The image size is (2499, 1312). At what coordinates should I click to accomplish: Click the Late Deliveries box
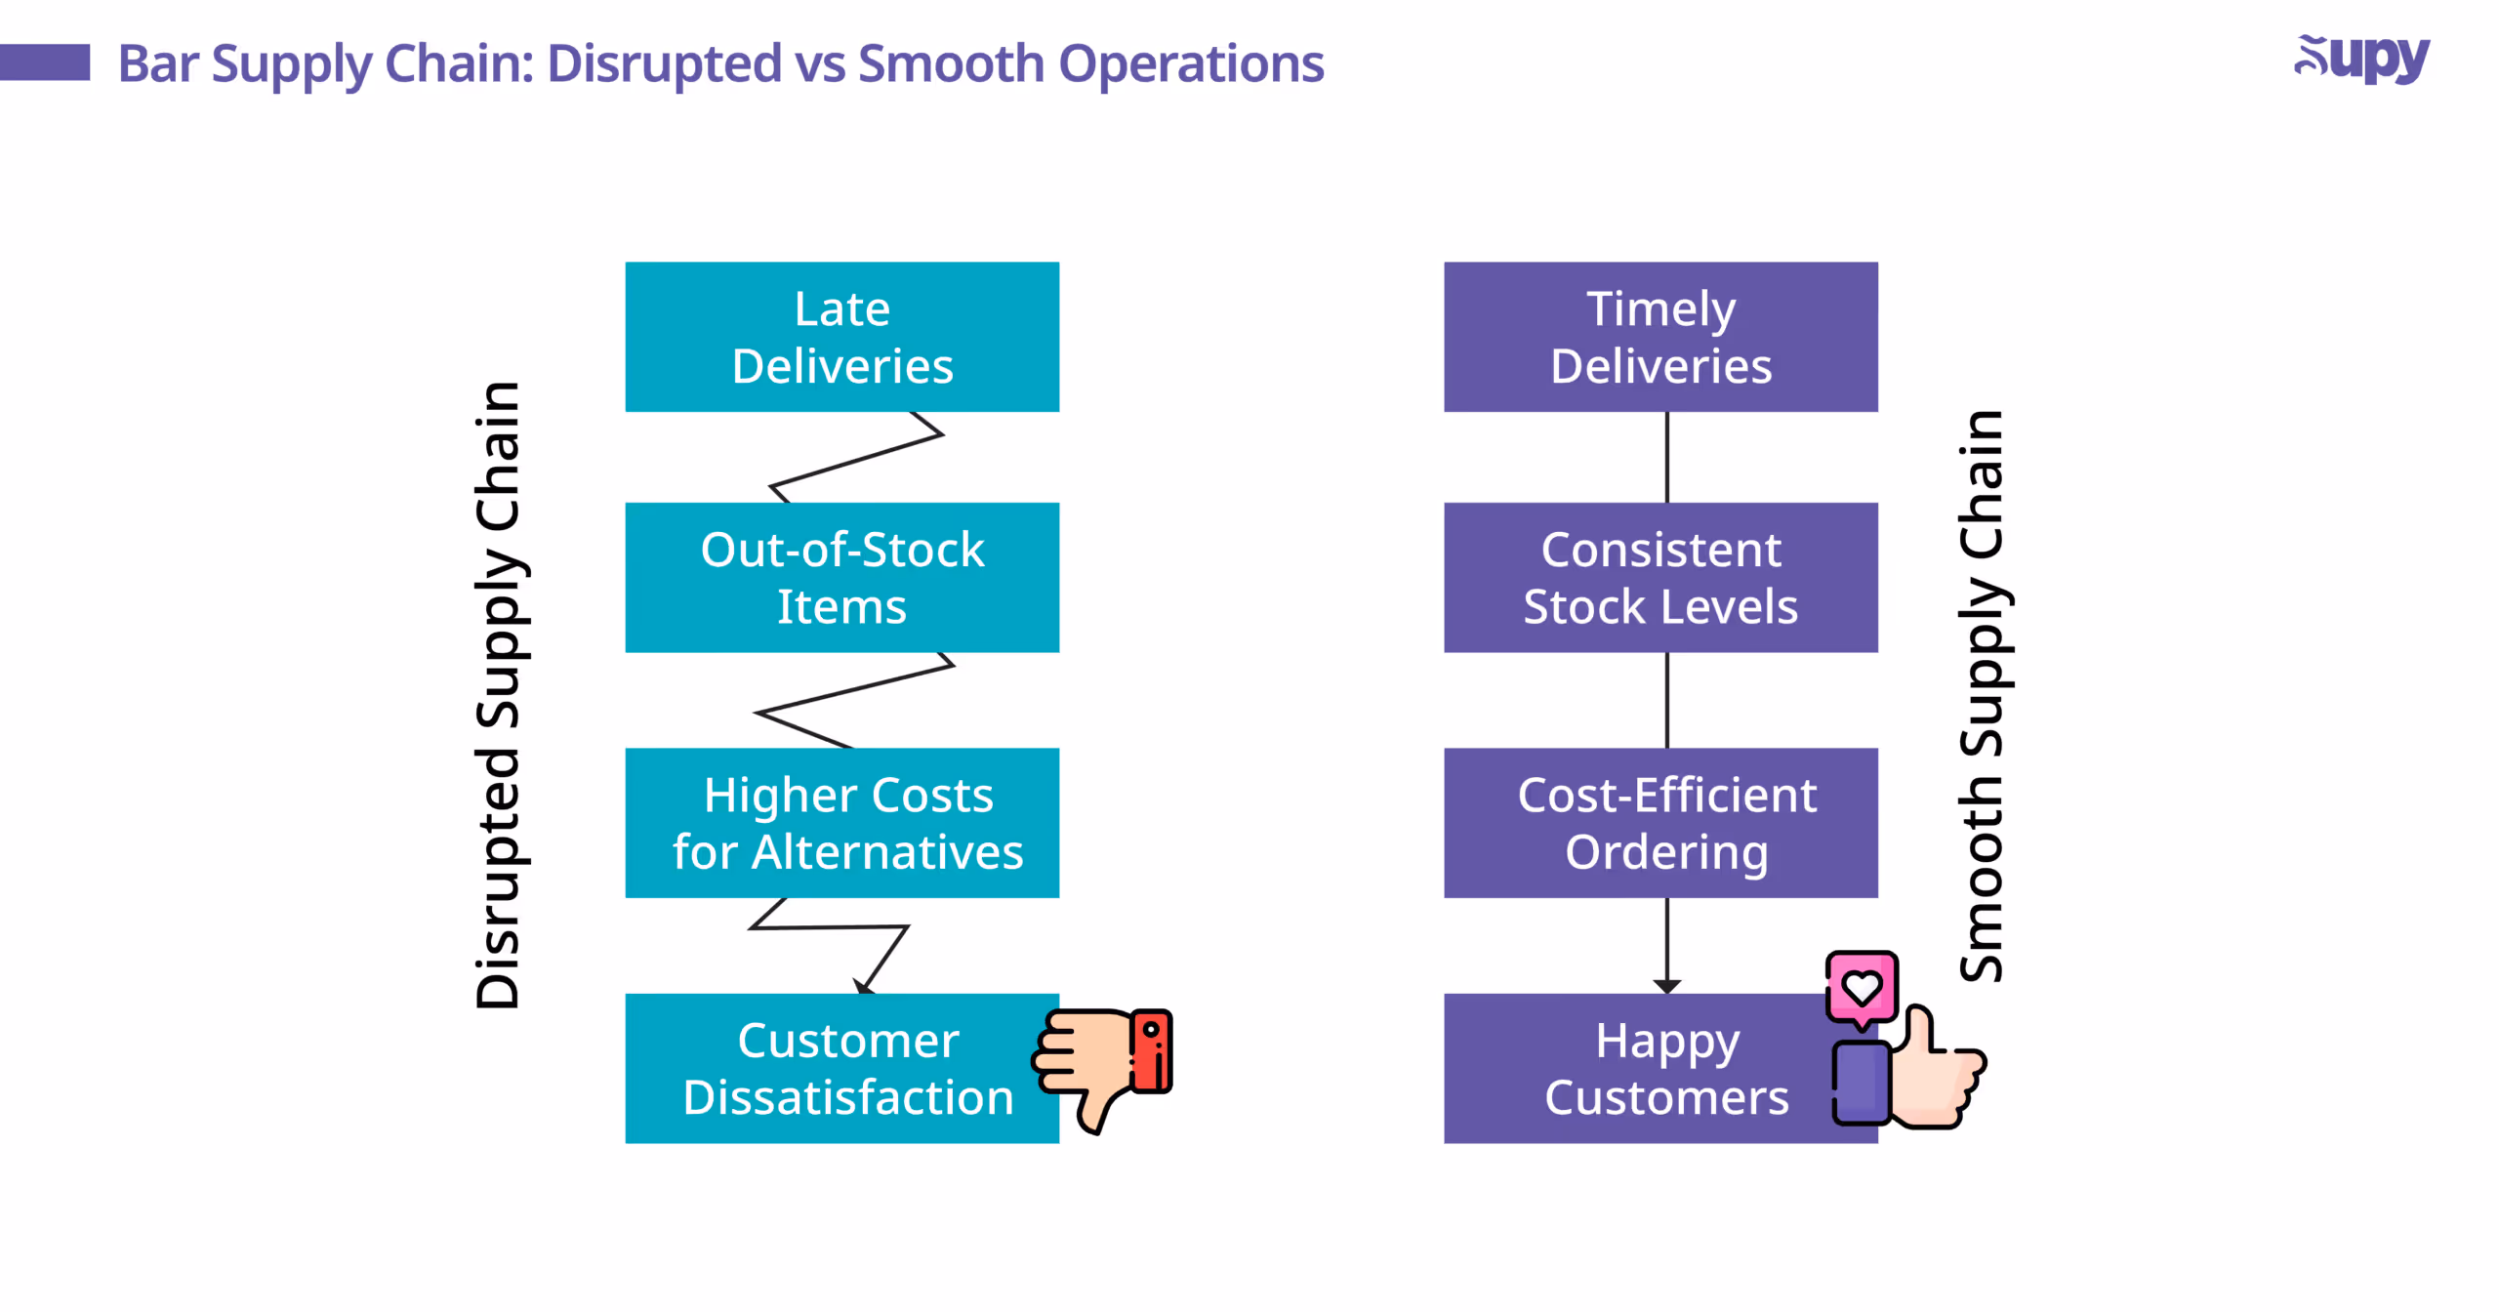841,337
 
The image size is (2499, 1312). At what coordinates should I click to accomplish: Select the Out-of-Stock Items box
841,577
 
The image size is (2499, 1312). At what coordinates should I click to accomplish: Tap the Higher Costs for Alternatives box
841,822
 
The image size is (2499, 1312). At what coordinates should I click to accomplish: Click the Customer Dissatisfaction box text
847,1069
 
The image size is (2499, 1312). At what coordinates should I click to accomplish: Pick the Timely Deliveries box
1659,337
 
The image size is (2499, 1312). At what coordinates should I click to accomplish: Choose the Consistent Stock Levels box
1659,577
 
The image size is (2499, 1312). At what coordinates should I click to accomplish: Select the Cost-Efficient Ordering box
1659,822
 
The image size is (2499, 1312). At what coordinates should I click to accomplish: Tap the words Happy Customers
1665,1069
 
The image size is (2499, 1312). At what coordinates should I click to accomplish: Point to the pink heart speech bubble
1862,987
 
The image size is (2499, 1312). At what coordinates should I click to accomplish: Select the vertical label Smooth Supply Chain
1982,695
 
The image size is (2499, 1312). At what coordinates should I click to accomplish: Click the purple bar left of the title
44,62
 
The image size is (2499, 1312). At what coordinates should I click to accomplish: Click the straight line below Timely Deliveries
1666,457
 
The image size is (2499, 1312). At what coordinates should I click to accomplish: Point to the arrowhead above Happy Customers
1666,986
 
